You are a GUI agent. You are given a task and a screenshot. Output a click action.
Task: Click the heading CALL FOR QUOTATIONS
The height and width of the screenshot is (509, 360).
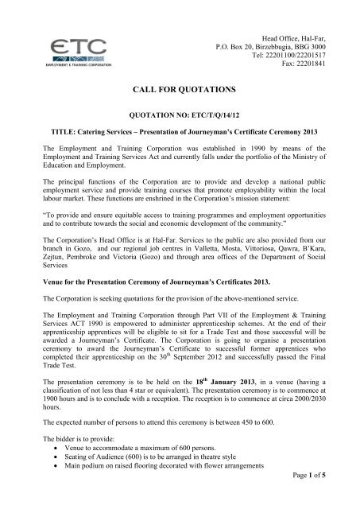[x=180, y=93]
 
